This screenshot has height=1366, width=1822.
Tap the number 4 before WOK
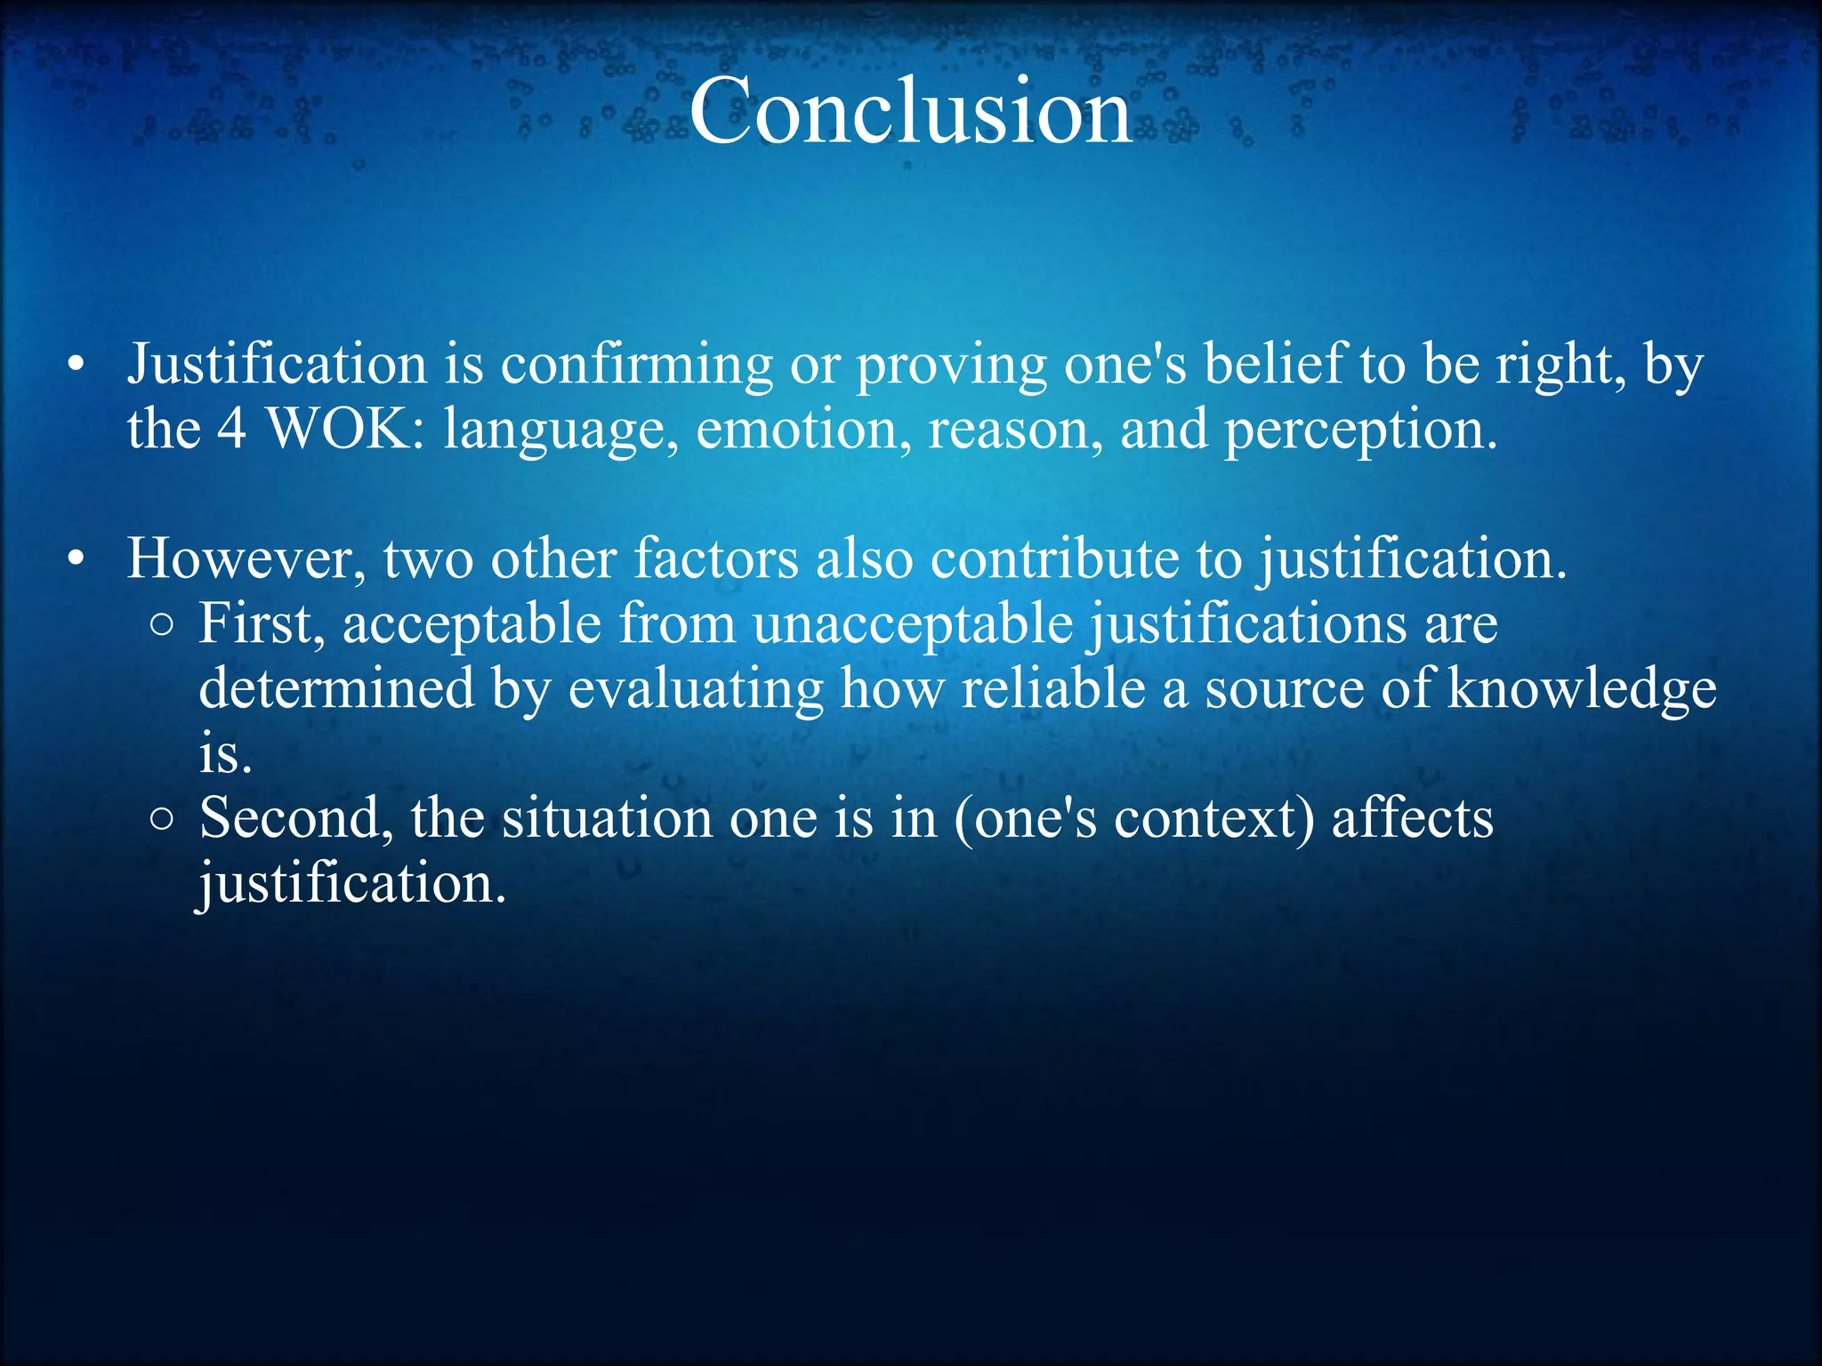click(231, 429)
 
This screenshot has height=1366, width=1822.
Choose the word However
click(246, 558)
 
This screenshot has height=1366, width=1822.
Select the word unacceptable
click(913, 624)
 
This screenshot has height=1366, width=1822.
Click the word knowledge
click(1582, 689)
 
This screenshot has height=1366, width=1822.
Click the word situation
click(606, 817)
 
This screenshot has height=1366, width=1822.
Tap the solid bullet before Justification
click(77, 365)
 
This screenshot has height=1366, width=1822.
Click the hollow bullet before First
click(161, 625)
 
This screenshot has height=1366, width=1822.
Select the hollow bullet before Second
click(161, 819)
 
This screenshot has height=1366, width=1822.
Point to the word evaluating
click(696, 689)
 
